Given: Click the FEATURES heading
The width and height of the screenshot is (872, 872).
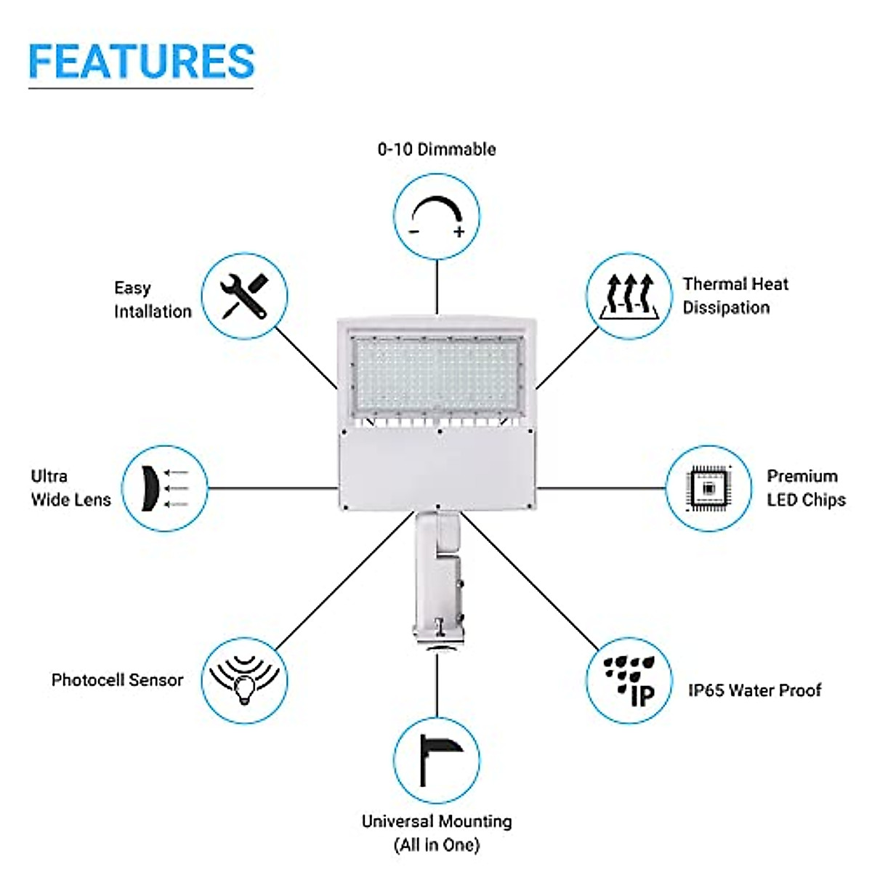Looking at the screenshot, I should pyautogui.click(x=142, y=62).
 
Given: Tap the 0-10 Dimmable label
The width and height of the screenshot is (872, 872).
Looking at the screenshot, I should pyautogui.click(x=437, y=150).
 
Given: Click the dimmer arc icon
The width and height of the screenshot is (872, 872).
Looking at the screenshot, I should pyautogui.click(x=437, y=216).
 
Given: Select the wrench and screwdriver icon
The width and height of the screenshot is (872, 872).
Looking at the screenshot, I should pyautogui.click(x=244, y=296).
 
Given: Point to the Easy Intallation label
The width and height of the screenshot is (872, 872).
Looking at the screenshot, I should pyautogui.click(x=153, y=299).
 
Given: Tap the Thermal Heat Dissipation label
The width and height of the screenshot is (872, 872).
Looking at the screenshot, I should pyautogui.click(x=735, y=296).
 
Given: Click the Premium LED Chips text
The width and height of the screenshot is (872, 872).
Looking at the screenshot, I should pyautogui.click(x=805, y=488).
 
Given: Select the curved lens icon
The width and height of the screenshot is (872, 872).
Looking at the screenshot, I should pyautogui.click(x=164, y=488).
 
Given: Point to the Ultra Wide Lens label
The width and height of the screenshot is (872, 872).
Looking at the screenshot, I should pyautogui.click(x=70, y=488).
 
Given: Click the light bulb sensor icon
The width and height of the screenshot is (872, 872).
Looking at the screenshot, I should pyautogui.click(x=244, y=680).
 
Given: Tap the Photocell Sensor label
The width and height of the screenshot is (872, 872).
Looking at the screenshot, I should pyautogui.click(x=117, y=680).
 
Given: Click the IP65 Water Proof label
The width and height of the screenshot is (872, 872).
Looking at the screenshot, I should pyautogui.click(x=754, y=690).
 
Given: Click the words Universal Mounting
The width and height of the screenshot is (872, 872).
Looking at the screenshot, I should pyautogui.click(x=437, y=822).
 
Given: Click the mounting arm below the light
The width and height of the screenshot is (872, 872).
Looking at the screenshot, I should pyautogui.click(x=436, y=574).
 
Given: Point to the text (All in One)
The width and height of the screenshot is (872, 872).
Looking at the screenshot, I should pyautogui.click(x=437, y=845).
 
